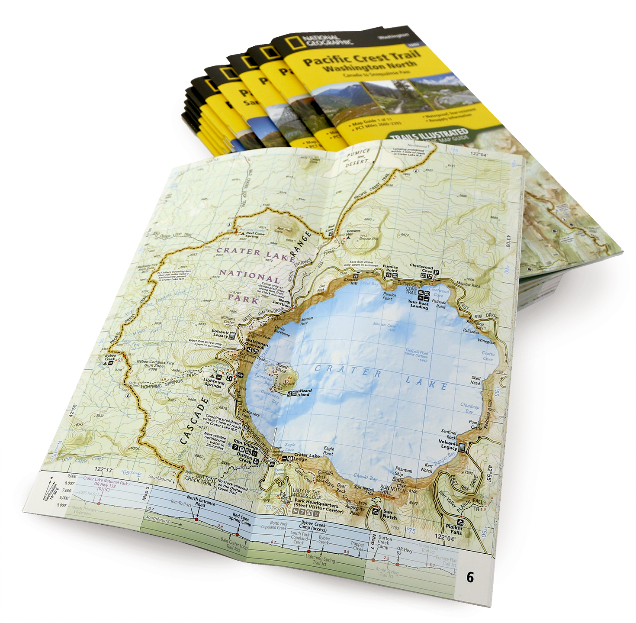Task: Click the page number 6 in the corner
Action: [x=470, y=577]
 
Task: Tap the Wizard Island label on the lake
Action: [x=304, y=393]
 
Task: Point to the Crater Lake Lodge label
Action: [x=307, y=457]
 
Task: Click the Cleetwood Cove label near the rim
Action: [x=421, y=269]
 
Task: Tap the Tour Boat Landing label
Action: [x=419, y=304]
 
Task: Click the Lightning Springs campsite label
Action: [x=214, y=383]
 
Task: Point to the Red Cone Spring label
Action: [x=255, y=235]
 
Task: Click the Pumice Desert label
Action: [x=358, y=158]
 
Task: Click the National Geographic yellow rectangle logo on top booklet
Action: [x=293, y=42]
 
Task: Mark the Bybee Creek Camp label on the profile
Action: [x=313, y=525]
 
